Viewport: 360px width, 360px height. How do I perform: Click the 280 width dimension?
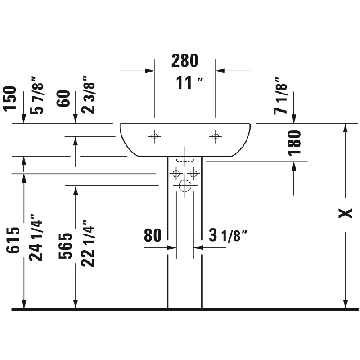click(x=184, y=61)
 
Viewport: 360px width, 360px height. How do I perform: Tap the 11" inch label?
click(x=189, y=83)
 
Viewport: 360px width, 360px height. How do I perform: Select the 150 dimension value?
click(x=10, y=99)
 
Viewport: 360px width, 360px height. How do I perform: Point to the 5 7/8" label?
click(x=37, y=95)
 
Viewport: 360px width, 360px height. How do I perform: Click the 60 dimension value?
click(x=63, y=98)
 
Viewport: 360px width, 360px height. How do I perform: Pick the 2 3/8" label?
click(x=88, y=94)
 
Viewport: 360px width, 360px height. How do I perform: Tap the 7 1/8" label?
click(x=280, y=95)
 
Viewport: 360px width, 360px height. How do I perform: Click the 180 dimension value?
click(x=294, y=143)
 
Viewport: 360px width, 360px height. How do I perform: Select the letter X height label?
click(x=346, y=213)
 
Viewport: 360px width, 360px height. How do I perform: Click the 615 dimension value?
click(x=13, y=240)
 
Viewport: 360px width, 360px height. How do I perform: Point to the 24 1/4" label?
click(x=36, y=238)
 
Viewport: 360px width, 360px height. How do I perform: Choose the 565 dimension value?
click(x=65, y=246)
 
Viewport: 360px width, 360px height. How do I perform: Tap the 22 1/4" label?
click(x=88, y=243)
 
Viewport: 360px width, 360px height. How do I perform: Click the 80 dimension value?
click(x=153, y=235)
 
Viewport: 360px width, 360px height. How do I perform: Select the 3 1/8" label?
click(x=228, y=235)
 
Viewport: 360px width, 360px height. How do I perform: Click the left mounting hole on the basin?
click(x=154, y=136)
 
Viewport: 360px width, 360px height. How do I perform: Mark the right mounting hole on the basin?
click(x=216, y=136)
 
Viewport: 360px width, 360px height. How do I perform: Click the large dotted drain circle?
click(x=185, y=185)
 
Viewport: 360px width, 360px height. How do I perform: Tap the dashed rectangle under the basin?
click(x=185, y=159)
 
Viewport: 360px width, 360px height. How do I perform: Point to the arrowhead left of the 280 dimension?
click(x=150, y=71)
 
